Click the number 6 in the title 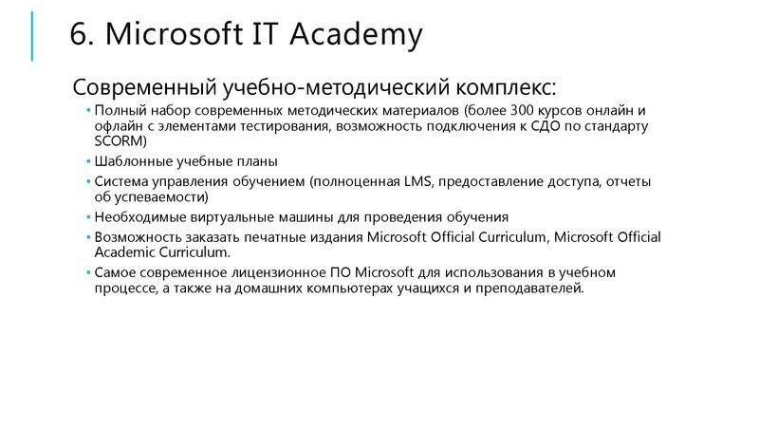point(80,35)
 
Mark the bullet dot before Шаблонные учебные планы point(87,162)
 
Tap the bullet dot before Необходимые point(87,217)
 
